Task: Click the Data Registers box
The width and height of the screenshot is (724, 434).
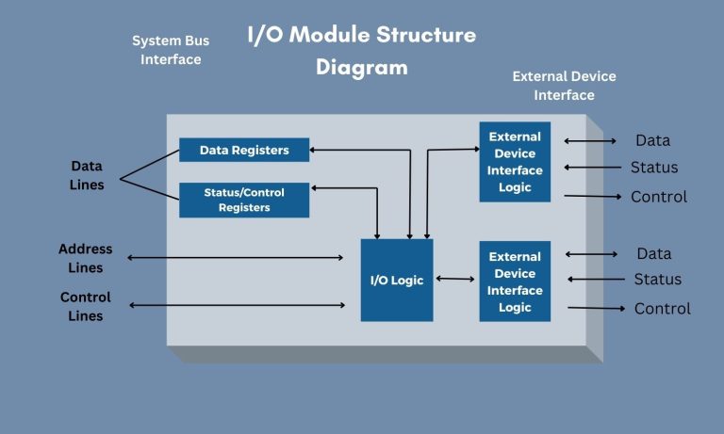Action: (244, 150)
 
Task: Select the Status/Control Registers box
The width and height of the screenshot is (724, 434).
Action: (244, 200)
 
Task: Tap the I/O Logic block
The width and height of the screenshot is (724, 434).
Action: (397, 280)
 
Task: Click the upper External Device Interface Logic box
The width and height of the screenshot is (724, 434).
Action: (515, 162)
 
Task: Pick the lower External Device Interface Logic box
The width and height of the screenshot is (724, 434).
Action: (515, 281)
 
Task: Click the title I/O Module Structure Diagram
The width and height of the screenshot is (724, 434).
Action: (362, 51)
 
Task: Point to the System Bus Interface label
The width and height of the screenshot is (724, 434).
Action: (171, 50)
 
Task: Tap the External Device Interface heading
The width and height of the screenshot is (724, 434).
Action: (564, 86)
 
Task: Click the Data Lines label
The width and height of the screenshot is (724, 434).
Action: (87, 175)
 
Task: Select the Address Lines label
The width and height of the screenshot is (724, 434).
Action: (86, 259)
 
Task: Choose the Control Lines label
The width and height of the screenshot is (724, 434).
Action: (86, 306)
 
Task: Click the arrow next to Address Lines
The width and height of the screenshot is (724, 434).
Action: (236, 257)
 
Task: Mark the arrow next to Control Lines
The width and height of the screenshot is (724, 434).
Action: (236, 305)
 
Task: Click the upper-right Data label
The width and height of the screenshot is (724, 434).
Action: (652, 140)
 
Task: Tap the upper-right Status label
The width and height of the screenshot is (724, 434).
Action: (654, 168)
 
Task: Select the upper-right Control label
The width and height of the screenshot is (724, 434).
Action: (658, 197)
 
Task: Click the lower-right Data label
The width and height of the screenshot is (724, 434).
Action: (654, 253)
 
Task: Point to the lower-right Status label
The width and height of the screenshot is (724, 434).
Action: (657, 279)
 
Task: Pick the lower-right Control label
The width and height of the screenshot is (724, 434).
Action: (662, 309)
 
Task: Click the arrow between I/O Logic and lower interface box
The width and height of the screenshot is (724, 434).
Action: (455, 279)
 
